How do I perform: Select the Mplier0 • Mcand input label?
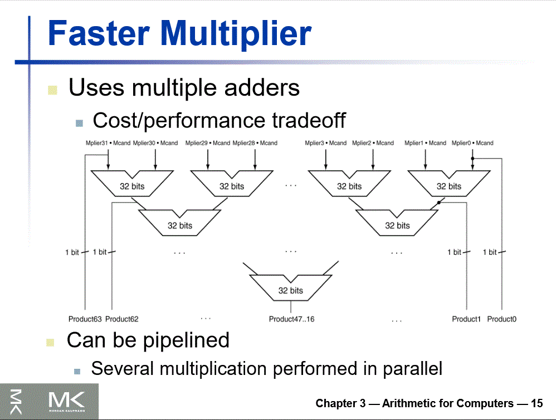[472, 143]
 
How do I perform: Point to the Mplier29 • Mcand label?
[208, 143]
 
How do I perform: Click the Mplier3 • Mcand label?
[325, 143]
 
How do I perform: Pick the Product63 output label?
[85, 319]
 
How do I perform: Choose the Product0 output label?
[501, 319]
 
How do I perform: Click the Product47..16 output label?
[291, 319]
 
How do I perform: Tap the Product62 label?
[121, 319]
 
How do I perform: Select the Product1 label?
[466, 319]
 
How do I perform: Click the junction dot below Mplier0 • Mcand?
[472, 159]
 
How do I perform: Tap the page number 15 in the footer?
[537, 403]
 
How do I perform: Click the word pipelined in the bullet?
[186, 339]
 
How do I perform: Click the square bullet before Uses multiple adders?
[53, 90]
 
